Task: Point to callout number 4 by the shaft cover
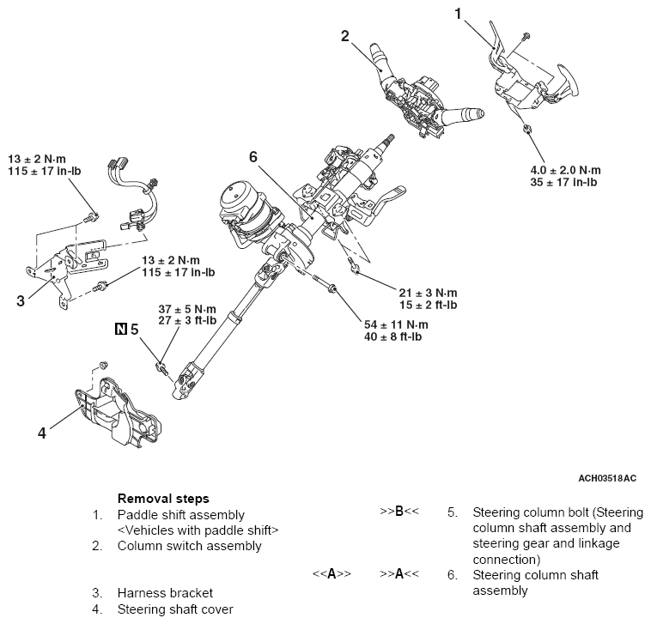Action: click(41, 433)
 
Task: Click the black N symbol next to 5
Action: click(121, 328)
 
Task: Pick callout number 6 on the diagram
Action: click(253, 157)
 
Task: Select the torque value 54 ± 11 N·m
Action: click(395, 324)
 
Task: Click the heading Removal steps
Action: click(162, 499)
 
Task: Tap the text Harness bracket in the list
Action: click(165, 592)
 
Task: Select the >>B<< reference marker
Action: click(399, 512)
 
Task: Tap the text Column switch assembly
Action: click(189, 546)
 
